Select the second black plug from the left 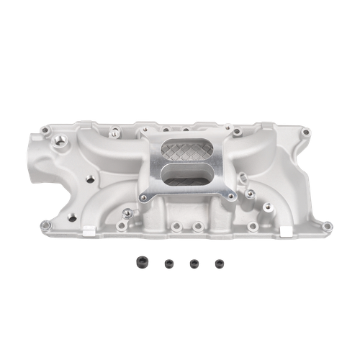click(x=169, y=263)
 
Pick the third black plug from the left click(x=194, y=263)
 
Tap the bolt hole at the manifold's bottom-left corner click(x=47, y=225)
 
